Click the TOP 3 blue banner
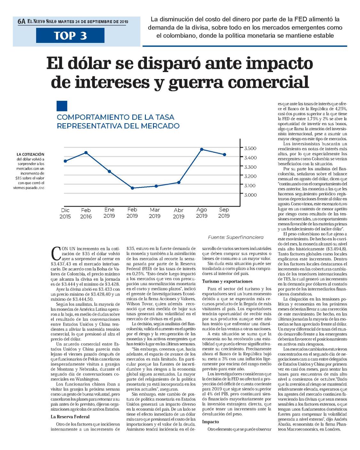(x=70, y=35)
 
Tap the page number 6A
(x=21, y=21)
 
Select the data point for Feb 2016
(x=86, y=153)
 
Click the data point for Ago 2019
(x=202, y=149)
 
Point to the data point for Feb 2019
(x=132, y=188)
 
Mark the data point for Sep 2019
(x=225, y=155)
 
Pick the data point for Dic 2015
(x=65, y=161)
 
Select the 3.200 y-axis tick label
(x=250, y=176)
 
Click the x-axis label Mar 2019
(x=155, y=213)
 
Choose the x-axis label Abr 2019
(x=179, y=213)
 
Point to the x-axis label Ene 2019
(x=109, y=213)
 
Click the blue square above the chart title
(x=62, y=106)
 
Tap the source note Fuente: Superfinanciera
(x=236, y=237)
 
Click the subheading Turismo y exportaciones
(x=227, y=281)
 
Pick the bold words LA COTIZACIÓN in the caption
(x=30, y=155)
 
